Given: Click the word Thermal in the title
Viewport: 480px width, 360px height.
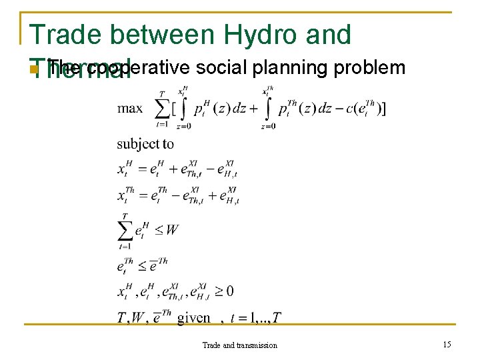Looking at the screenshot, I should pos(80,69).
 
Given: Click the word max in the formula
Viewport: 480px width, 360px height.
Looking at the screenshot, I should pos(131,108).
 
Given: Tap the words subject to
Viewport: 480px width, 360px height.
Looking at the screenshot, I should pos(145,143).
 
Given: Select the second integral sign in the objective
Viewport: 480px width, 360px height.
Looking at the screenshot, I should pos(269,108).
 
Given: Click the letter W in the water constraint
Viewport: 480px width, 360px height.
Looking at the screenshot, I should pos(171,230).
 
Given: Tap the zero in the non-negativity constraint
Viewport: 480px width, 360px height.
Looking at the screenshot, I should pos(229,291).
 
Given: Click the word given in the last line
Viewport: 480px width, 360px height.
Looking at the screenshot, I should pos(194,318).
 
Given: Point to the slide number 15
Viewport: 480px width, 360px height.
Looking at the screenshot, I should pos(447,344).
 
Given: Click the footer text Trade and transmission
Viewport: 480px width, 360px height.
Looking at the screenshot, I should pos(240,345).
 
